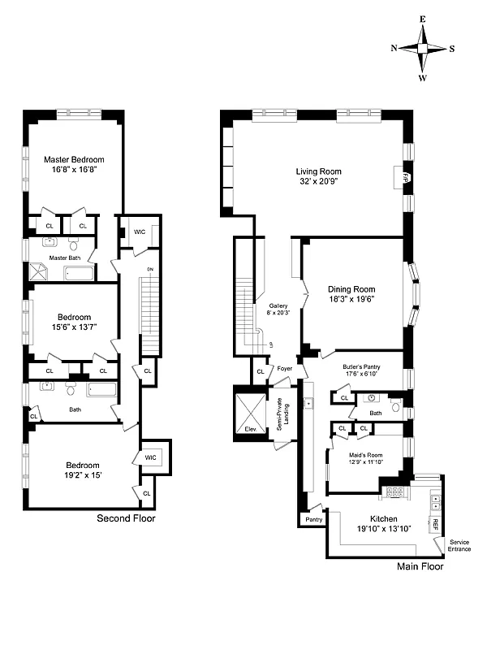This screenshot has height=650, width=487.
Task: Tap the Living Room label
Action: point(318,171)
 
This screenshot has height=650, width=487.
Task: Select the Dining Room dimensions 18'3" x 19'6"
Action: point(351,299)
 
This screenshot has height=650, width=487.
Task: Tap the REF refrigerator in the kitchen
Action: point(435,523)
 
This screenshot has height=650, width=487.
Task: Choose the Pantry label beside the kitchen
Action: point(314,519)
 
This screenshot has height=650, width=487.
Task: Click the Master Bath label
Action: point(63,258)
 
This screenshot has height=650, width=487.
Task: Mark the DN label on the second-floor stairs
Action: point(149,269)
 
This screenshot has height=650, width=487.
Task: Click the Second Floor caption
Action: point(126,518)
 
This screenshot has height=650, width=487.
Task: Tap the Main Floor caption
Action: point(420,567)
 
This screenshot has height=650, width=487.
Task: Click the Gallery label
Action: point(278,306)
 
